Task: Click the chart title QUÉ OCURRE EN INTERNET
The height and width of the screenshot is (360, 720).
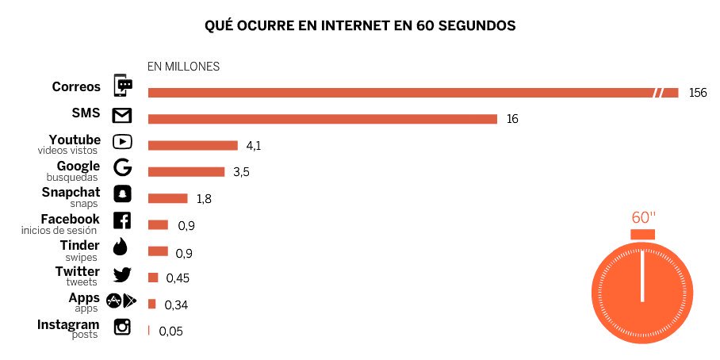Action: coord(360,26)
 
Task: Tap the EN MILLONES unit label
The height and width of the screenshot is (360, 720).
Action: coord(183,67)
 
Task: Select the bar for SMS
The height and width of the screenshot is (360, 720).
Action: coord(322,119)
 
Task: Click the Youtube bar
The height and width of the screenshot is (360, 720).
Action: coord(193,145)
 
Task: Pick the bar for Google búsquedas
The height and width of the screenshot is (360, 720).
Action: coord(186,172)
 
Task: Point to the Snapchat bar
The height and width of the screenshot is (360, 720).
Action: coord(167,198)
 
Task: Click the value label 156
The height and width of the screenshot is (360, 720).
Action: coord(697,93)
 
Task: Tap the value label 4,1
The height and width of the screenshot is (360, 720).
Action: coord(254,145)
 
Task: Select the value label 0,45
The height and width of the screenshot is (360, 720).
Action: coord(178,278)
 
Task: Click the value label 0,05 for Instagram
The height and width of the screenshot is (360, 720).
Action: coord(170,331)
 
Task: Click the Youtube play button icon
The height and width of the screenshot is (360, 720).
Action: coord(122,143)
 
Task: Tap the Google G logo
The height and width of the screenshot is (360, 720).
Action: coord(122,168)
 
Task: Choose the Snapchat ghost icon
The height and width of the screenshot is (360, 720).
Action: coord(122,194)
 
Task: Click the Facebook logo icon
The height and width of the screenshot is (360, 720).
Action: coord(122,221)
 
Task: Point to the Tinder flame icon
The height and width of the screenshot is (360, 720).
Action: coord(121,247)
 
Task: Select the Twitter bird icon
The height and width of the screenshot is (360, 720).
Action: coord(122,274)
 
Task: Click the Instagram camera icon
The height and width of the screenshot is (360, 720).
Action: coord(122,326)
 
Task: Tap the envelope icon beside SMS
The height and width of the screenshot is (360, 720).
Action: coord(122,117)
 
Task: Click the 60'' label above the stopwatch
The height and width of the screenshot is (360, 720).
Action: coord(643,217)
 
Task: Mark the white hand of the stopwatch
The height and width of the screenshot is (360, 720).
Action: coord(643,277)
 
